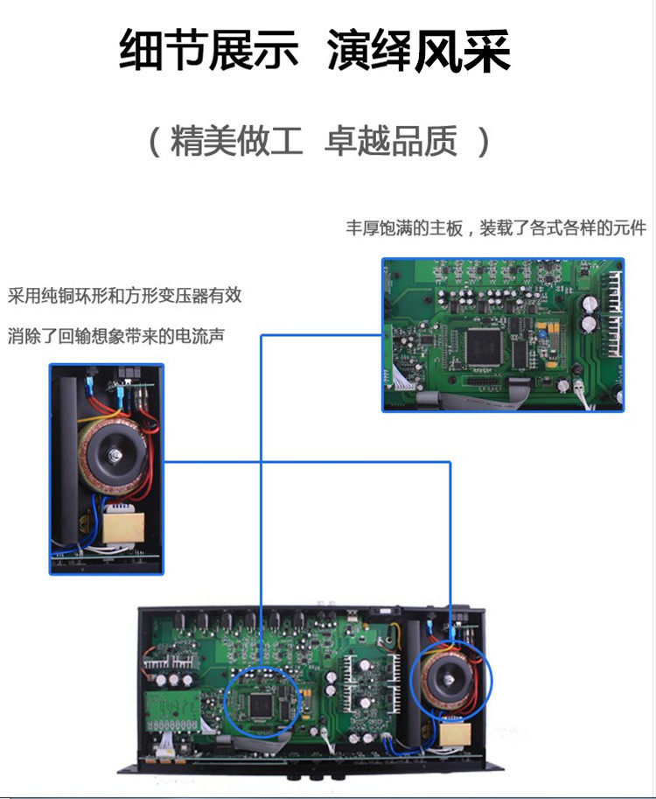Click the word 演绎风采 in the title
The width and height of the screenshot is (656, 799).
click(x=419, y=53)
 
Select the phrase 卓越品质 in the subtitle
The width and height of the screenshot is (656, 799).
click(x=391, y=142)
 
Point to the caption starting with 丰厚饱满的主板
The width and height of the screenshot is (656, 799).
click(x=496, y=228)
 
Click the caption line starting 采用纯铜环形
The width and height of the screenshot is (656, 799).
click(x=125, y=296)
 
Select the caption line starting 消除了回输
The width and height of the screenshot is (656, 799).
click(x=115, y=334)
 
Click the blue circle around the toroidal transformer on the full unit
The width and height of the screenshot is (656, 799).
click(x=450, y=680)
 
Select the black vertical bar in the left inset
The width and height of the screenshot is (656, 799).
click(x=65, y=455)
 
